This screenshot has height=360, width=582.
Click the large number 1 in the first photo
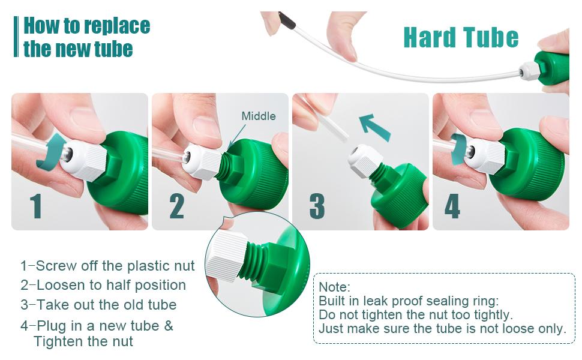click(x=37, y=206)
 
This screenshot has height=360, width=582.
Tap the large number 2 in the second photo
click(x=176, y=206)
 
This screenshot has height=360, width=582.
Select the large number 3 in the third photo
click(x=317, y=206)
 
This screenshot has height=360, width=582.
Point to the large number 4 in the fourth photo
click(x=452, y=206)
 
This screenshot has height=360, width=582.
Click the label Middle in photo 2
click(x=259, y=116)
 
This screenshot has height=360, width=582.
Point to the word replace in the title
click(x=117, y=26)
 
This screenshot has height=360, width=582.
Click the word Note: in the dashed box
click(x=334, y=287)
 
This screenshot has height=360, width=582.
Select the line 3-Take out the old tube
click(x=98, y=305)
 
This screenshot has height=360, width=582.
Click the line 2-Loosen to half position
click(x=103, y=285)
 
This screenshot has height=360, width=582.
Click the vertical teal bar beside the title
click(x=16, y=37)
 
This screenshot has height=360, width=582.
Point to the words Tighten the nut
click(x=83, y=342)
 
